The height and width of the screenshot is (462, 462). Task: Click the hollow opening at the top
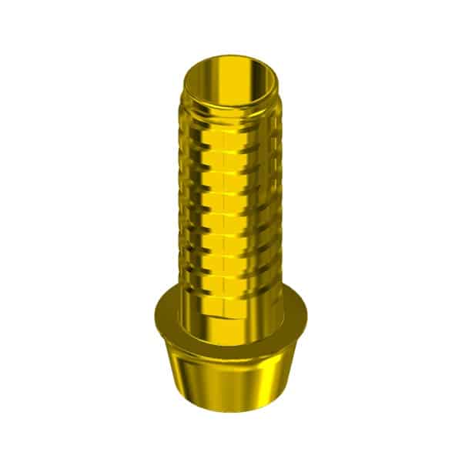coord(231,77)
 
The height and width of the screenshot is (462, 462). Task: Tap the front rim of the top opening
coord(231,99)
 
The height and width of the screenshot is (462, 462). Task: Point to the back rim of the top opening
coord(231,56)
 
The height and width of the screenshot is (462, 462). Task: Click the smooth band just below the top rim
coord(231,110)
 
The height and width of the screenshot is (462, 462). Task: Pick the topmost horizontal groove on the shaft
coord(231,123)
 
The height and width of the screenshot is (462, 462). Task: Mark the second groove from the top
coord(231,146)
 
